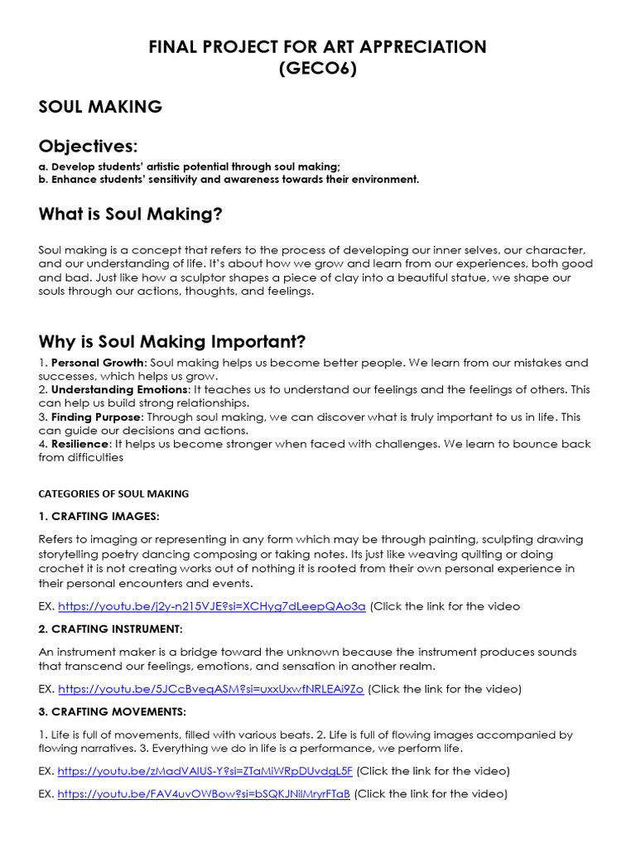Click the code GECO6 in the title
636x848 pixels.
click(318, 69)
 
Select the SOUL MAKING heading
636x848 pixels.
click(100, 107)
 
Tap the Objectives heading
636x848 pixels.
click(87, 147)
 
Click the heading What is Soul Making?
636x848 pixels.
click(131, 214)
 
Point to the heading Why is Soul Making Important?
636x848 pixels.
click(172, 341)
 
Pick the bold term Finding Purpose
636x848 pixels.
click(96, 417)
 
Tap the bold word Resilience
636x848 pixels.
click(81, 444)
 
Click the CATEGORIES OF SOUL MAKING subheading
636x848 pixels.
click(113, 494)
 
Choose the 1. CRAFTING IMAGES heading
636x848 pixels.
click(99, 517)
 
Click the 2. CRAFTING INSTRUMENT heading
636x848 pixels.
click(110, 629)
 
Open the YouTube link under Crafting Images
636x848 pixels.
click(211, 606)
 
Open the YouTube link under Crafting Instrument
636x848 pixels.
click(210, 688)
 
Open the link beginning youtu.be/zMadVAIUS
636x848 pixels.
click(205, 770)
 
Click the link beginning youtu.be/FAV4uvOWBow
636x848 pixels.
click(204, 793)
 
